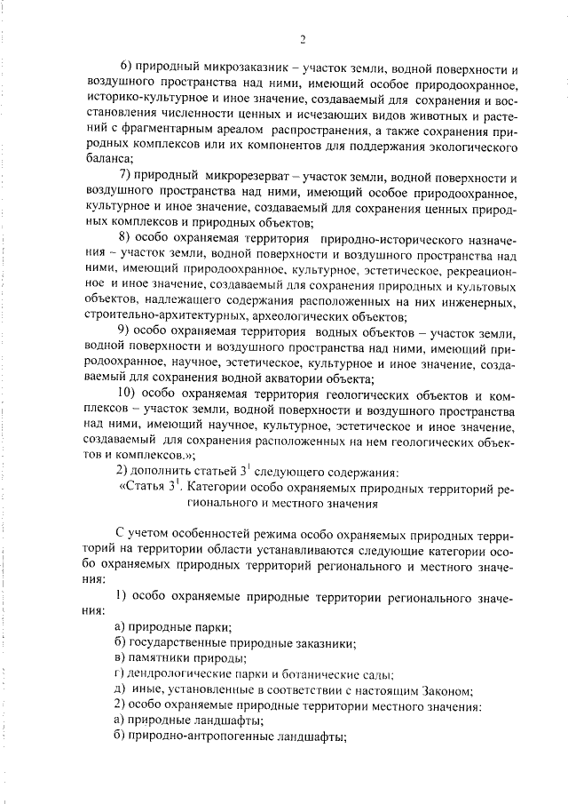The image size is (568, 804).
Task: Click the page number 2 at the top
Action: pos(302,38)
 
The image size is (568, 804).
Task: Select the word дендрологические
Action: pos(183,673)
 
